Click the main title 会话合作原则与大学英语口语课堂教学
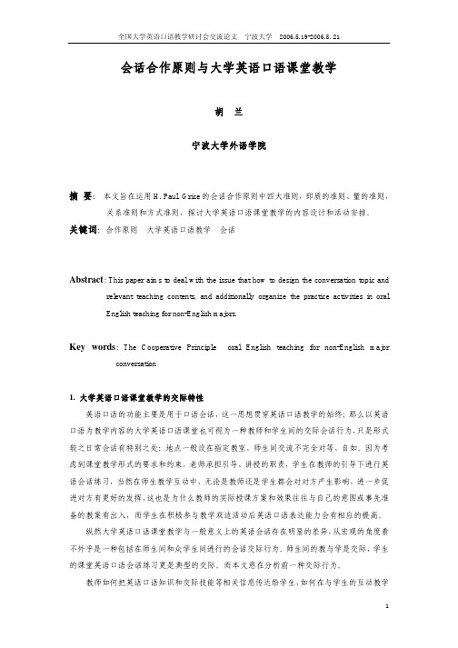click(x=228, y=67)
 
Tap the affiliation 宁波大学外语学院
click(x=228, y=145)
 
